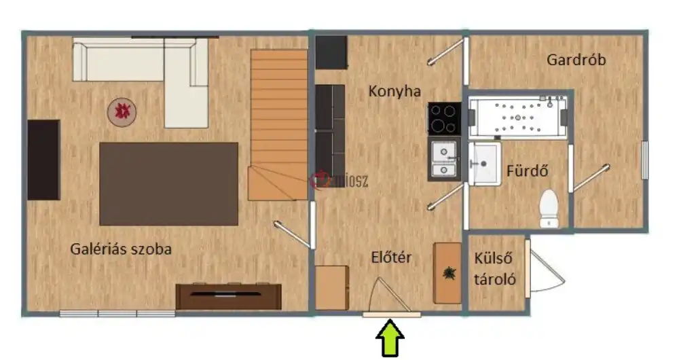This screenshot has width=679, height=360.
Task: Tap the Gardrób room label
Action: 576,60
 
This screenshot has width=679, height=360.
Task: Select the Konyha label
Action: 394,91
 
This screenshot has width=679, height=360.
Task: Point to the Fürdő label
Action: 527,170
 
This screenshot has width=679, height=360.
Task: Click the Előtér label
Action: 391,257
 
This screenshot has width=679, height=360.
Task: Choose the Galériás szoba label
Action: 121,249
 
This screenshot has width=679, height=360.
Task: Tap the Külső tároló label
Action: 496,268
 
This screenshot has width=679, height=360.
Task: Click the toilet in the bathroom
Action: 548,207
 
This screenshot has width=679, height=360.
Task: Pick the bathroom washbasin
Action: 483,163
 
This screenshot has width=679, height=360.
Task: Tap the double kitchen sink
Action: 444,158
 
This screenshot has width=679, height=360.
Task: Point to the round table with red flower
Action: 122,111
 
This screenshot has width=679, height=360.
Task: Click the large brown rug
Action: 168,183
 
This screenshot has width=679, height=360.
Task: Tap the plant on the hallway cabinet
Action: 448,273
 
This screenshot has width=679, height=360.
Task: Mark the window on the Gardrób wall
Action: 644,160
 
